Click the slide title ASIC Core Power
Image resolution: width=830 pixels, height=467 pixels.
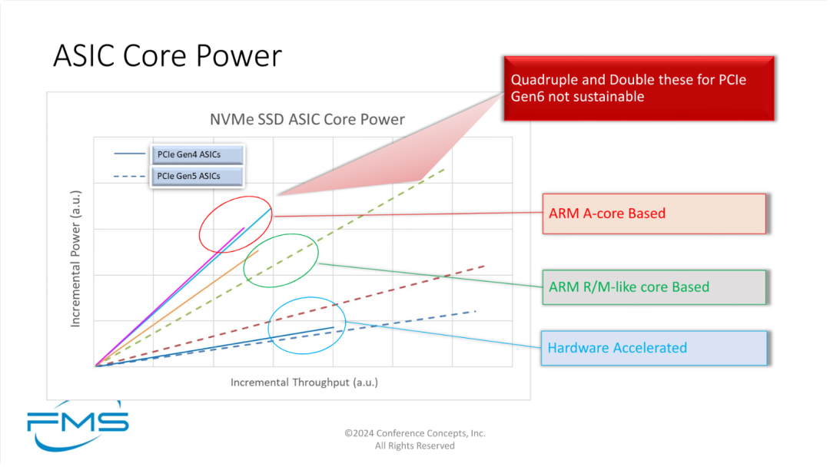click(168, 56)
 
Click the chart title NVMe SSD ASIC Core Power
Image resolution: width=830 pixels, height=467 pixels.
click(307, 119)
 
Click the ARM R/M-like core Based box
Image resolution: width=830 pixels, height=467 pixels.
click(653, 287)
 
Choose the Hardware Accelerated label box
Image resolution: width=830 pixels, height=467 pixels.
click(653, 348)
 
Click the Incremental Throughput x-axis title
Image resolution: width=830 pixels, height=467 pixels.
click(304, 382)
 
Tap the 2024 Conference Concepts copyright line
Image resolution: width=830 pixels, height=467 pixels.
click(415, 433)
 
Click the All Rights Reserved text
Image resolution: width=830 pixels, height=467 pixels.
click(415, 445)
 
